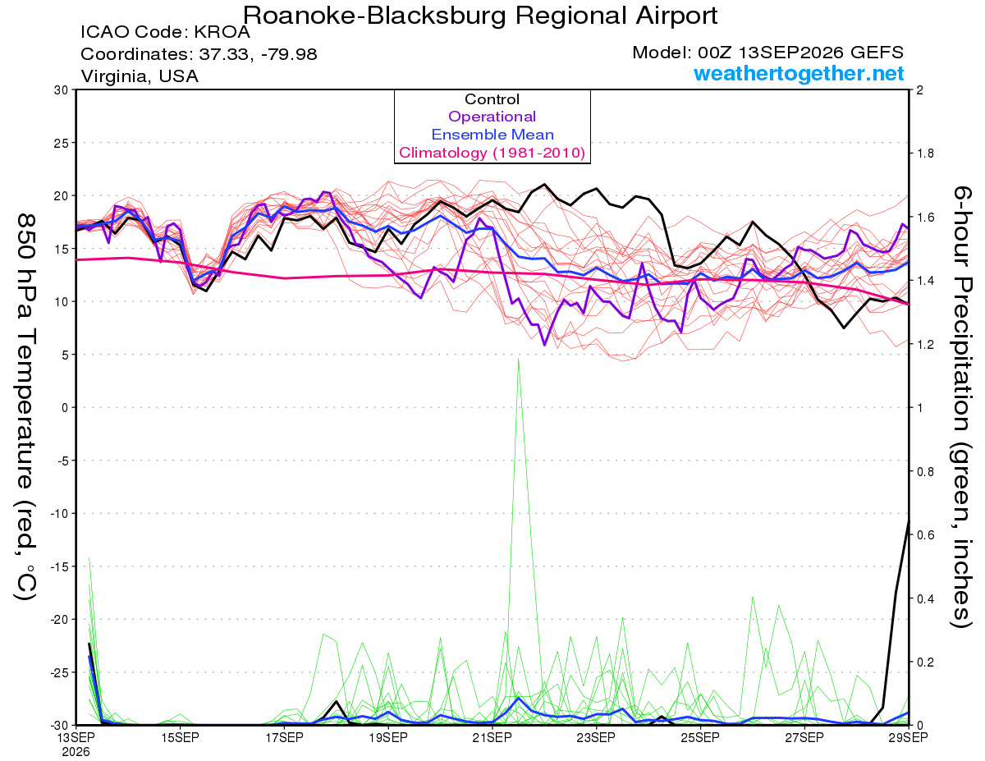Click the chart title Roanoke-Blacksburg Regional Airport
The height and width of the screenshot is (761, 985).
point(480,16)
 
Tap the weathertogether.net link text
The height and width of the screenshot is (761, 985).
point(799,74)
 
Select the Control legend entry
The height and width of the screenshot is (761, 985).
point(492,99)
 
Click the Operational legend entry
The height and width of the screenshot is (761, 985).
point(492,117)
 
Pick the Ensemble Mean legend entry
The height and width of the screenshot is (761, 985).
point(492,135)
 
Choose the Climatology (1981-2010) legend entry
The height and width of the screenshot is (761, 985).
point(492,153)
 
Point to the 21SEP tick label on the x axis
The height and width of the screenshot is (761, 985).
point(492,737)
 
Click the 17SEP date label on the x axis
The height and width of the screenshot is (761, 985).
point(284,737)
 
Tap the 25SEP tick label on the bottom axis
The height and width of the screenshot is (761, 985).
point(700,737)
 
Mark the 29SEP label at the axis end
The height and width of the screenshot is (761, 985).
point(908,737)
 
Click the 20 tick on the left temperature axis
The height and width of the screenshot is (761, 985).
point(62,196)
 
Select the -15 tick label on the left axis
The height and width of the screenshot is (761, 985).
point(59,567)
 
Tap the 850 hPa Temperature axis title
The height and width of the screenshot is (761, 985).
point(25,407)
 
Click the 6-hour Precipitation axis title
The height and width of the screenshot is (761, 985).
point(961,406)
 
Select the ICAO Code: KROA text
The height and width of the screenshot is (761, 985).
point(166,32)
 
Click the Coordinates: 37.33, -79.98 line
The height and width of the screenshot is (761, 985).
point(199,54)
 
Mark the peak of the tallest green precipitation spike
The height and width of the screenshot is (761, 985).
point(519,359)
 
